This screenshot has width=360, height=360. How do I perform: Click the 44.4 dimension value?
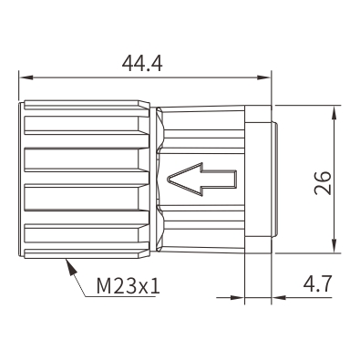(142, 64)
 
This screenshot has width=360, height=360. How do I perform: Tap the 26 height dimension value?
(323, 183)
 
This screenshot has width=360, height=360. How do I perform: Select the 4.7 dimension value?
(317, 284)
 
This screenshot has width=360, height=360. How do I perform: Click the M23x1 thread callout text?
(128, 286)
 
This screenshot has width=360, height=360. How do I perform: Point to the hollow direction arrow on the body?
(202, 180)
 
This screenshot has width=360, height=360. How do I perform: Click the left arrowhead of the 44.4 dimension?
(26, 77)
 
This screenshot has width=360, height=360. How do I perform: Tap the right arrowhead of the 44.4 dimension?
(263, 77)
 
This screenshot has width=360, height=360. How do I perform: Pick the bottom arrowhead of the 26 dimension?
(334, 246)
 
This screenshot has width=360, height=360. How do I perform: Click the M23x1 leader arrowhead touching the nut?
(70, 266)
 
